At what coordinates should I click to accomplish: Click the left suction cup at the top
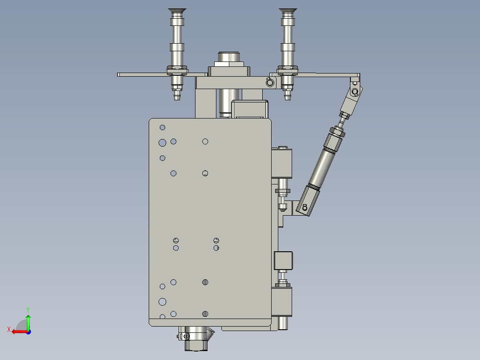[x=177, y=11]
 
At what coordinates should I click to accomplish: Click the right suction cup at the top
[x=288, y=11]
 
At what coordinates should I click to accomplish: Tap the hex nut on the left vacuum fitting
[x=177, y=70]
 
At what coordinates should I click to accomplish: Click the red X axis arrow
[x=18, y=331]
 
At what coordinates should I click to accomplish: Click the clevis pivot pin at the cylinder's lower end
[x=305, y=207]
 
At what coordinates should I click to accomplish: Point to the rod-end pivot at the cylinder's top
[x=354, y=92]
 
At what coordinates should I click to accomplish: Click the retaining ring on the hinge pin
[x=269, y=82]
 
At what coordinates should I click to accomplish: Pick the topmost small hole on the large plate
[x=163, y=127]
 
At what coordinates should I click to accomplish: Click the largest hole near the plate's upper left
[x=162, y=142]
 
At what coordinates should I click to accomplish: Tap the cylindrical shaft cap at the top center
[x=229, y=58]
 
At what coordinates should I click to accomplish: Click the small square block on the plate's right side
[x=283, y=261]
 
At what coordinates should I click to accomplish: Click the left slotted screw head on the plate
[x=176, y=241]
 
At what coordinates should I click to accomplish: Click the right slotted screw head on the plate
[x=216, y=240]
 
